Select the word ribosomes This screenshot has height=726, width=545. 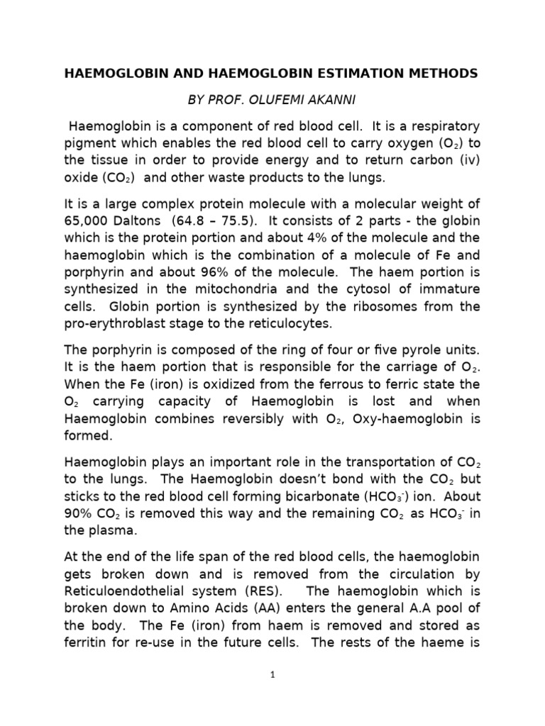pos(389,306)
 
